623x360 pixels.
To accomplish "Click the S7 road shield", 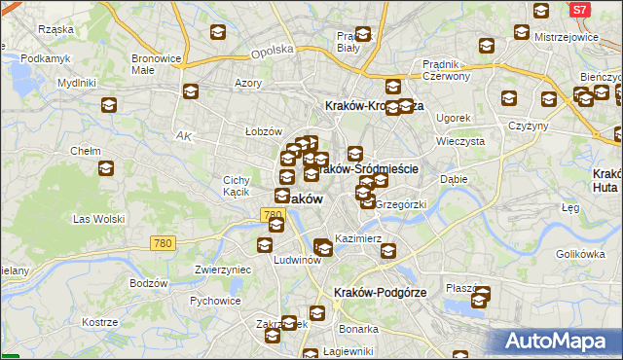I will click(x=579, y=9).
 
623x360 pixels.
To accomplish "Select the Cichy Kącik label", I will click(x=237, y=186).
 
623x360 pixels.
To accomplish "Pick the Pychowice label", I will click(x=215, y=301).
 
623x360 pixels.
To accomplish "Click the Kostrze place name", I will click(x=99, y=321).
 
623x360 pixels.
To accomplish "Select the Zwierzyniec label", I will click(x=223, y=270).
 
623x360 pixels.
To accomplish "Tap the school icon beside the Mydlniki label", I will click(x=108, y=106).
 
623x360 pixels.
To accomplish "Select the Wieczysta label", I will click(x=460, y=140).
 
